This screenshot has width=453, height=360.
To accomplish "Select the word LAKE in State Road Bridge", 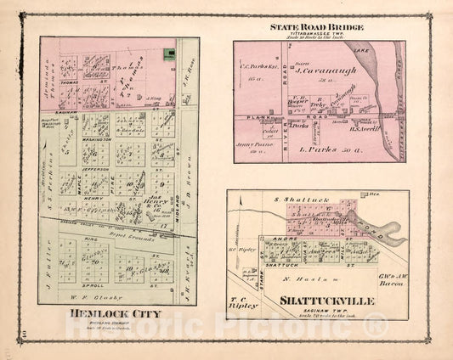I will (377, 51).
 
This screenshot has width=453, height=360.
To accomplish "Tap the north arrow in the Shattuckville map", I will (241, 210).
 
